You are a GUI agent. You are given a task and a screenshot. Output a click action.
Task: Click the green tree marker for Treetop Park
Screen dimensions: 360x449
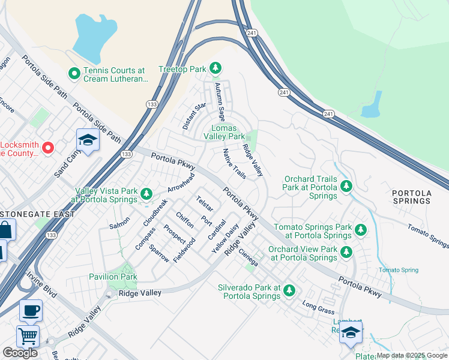[215, 69]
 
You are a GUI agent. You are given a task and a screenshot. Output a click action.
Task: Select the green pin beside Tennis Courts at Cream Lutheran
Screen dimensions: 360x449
[74, 74]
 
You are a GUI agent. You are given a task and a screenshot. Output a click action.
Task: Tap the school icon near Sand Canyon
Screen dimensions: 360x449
[88, 141]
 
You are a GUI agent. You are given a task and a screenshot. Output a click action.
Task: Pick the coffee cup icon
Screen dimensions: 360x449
[31, 311]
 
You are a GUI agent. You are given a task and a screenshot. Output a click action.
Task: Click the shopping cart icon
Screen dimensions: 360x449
[28, 336]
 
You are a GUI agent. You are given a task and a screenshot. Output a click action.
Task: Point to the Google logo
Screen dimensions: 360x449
[20, 353]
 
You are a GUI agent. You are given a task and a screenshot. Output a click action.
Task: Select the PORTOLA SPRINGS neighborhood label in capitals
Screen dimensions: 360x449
[411, 197]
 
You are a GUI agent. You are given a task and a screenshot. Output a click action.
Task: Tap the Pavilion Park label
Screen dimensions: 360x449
[113, 277]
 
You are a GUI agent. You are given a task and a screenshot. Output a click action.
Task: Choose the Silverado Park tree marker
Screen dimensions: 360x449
[289, 290]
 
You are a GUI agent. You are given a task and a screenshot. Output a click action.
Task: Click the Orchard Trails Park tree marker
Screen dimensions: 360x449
[346, 187]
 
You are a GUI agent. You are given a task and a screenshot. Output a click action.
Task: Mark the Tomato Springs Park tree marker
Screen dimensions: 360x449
[360, 229]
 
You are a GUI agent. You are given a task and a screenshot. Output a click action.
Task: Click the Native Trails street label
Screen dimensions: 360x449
[234, 164]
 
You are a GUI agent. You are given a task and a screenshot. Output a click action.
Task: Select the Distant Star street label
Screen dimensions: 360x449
[194, 116]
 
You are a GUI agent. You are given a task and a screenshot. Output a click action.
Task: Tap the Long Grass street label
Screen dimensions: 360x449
[318, 308]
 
